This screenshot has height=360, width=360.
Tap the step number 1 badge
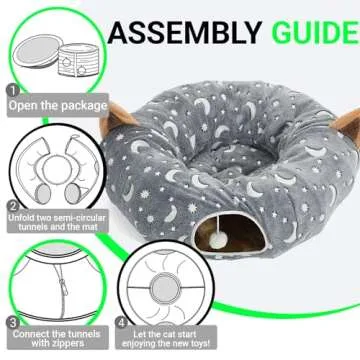(11, 90)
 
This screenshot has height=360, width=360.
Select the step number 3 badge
(11, 323)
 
